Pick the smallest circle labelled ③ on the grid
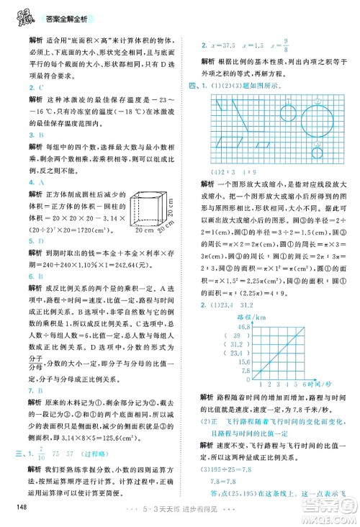tap(317, 151)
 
